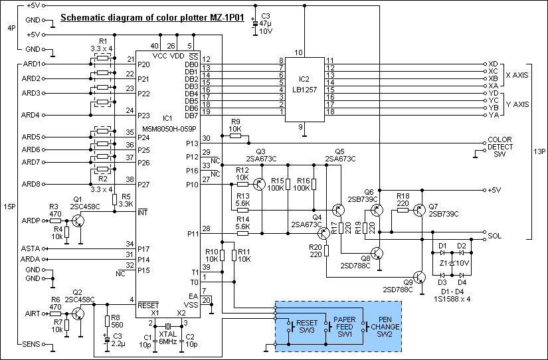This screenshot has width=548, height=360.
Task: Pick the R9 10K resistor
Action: [x=234, y=135]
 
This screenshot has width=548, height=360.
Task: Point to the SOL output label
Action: [x=494, y=235]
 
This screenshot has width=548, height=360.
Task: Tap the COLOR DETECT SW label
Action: [x=500, y=147]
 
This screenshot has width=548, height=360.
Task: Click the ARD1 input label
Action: [x=31, y=64]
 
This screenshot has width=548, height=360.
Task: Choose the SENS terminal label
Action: [x=31, y=343]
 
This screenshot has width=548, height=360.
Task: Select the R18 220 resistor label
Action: [x=403, y=201]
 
